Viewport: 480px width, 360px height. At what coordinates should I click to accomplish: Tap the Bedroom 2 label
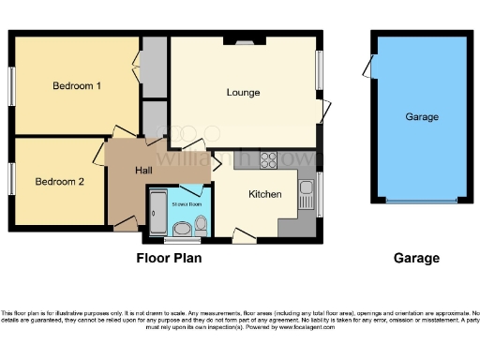[x=60, y=181]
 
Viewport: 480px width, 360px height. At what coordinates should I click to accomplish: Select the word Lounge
[x=243, y=93]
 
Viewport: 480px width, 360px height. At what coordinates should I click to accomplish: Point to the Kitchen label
[x=265, y=194]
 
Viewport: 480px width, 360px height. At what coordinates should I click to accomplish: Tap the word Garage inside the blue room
[x=422, y=117]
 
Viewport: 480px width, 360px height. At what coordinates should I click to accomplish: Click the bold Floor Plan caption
[x=169, y=258]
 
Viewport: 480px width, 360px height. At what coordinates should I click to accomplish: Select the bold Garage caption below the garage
[x=416, y=258]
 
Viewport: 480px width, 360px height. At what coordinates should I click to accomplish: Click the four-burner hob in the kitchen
[x=269, y=159]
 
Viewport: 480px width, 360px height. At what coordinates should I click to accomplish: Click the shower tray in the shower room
[x=157, y=213]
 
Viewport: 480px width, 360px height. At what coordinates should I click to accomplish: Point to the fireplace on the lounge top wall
[x=243, y=41]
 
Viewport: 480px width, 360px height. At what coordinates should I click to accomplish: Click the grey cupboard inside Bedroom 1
[x=154, y=66]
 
